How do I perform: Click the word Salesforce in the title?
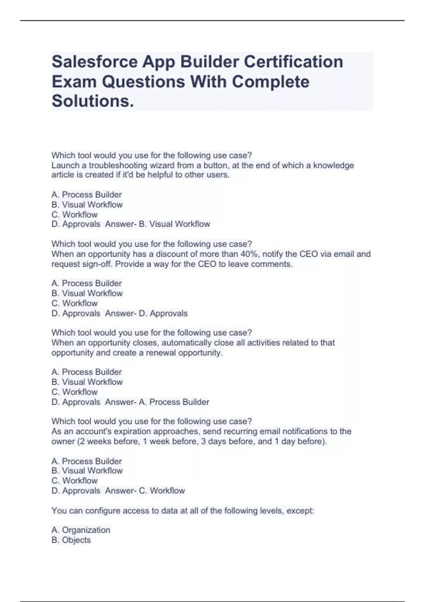click(95, 62)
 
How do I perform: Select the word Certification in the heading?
click(293, 62)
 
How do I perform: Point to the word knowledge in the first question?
click(333, 165)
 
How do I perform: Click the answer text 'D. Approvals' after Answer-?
click(163, 313)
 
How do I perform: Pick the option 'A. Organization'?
click(81, 530)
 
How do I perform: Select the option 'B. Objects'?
click(71, 540)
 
